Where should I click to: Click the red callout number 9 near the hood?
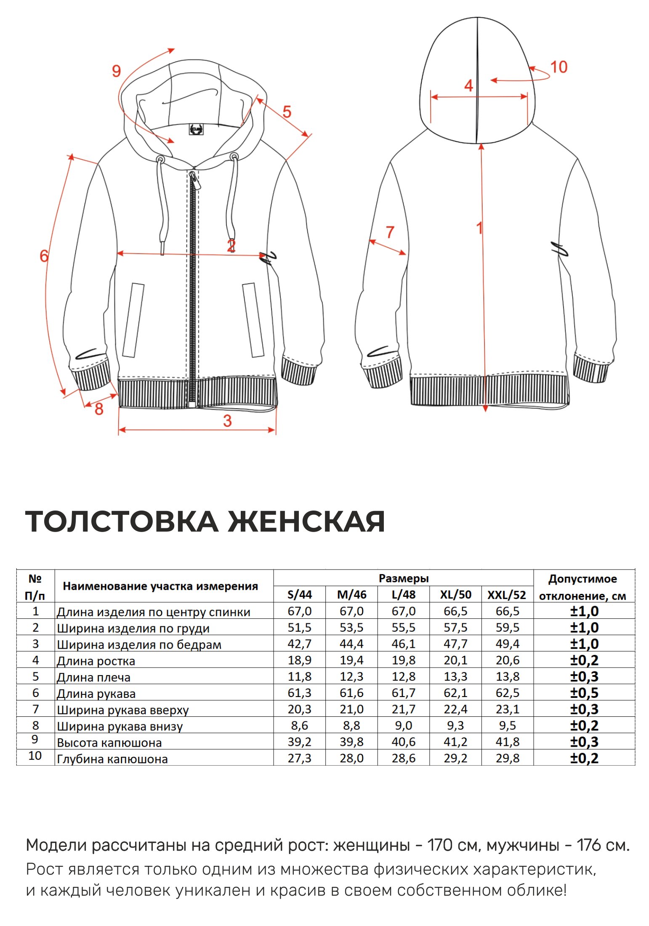point(116,71)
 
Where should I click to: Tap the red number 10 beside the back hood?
point(559,67)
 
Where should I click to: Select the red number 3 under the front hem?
point(227,420)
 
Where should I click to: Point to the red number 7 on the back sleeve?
point(390,232)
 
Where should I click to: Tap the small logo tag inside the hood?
point(196,129)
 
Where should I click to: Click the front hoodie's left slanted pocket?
point(133,320)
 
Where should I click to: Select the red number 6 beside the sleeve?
point(44,255)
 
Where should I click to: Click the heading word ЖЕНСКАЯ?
point(306,522)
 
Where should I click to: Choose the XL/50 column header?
point(455,595)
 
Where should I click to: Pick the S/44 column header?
point(299,595)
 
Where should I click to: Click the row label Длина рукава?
point(96,694)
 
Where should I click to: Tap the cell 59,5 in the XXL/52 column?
point(507,628)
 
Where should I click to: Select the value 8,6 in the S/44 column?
point(299,726)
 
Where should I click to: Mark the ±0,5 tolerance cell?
point(584,693)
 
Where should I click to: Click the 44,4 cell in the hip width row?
point(351,644)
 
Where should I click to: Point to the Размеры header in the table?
point(403,578)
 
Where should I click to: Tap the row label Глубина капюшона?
point(112,759)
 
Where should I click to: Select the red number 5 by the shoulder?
point(287,112)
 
